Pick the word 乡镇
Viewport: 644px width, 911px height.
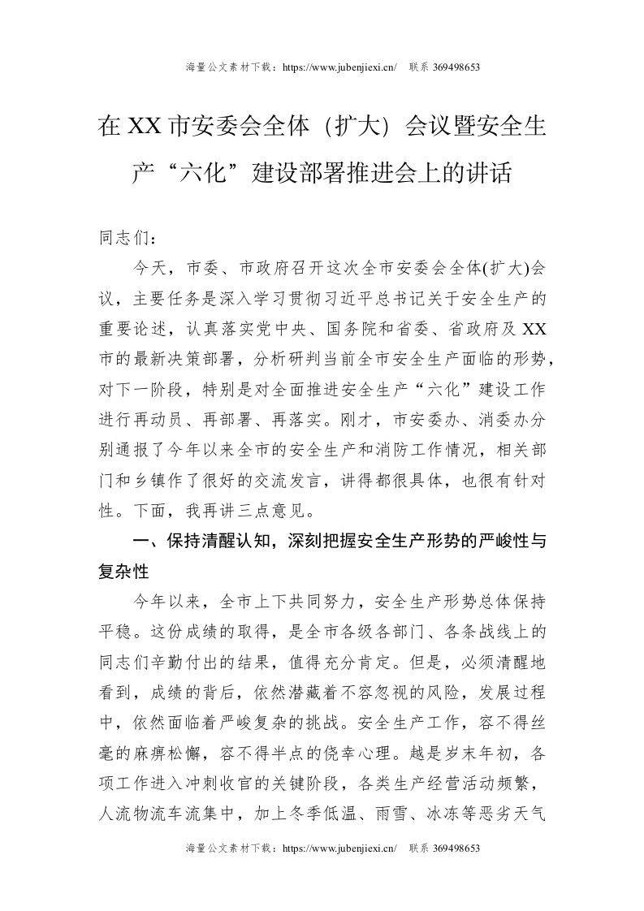165,480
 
